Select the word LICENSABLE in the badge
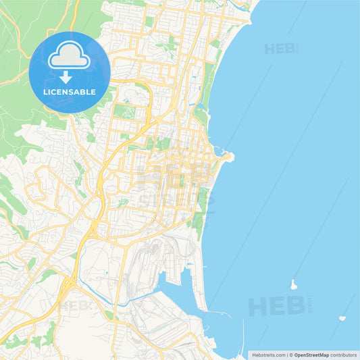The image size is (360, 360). pos(70,91)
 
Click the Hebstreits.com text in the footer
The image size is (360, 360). pos(268,355)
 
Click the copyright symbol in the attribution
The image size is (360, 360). pos(290,355)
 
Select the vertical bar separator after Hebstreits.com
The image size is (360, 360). pos(286,355)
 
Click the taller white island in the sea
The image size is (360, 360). pos(293,284)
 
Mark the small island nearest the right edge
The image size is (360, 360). pos(342,317)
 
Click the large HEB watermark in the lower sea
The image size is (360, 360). pos(277,306)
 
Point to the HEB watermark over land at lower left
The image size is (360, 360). pos(76,306)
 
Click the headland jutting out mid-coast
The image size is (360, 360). pos(227,157)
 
